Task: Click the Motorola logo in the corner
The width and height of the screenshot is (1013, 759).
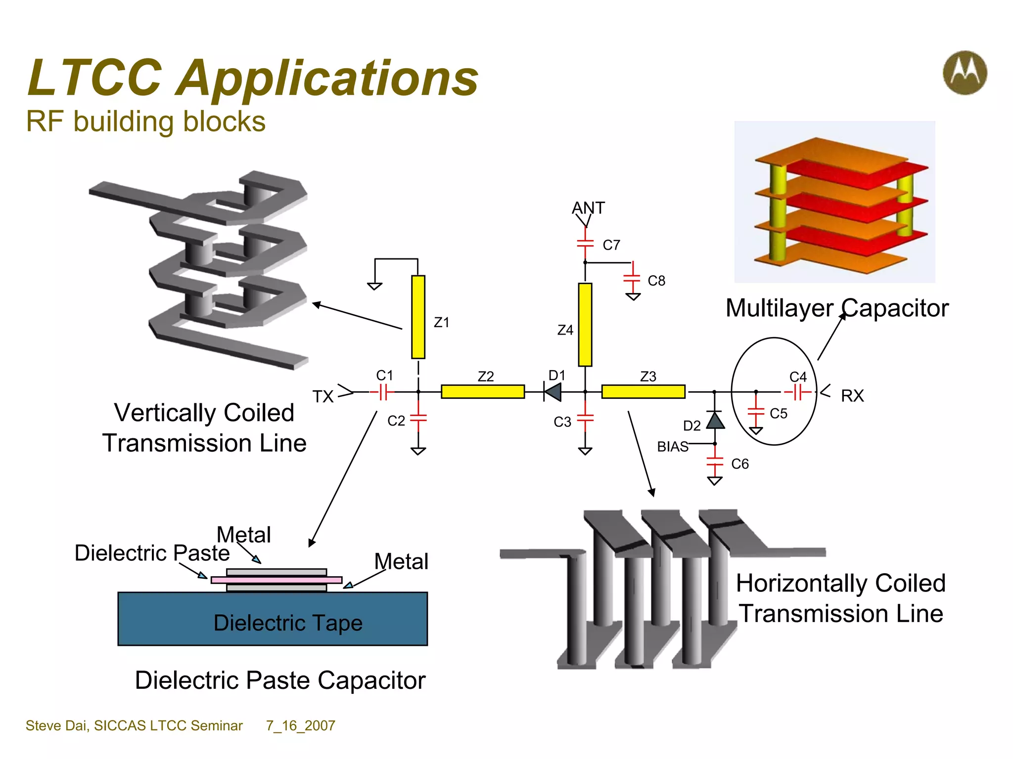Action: tap(965, 73)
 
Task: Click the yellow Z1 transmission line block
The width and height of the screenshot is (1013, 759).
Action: tap(418, 317)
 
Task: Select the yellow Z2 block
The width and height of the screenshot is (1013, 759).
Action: tap(482, 392)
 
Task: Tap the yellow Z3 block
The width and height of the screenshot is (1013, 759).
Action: tap(643, 392)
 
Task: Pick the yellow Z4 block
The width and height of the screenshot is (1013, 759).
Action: tap(585, 325)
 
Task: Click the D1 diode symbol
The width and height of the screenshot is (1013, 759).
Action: tap(553, 392)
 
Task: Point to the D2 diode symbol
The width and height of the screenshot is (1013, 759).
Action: tap(715, 421)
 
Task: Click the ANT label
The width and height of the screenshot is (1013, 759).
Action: tap(588, 208)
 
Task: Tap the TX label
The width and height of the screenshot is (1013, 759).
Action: tap(323, 397)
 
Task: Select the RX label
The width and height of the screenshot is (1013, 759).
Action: tap(852, 396)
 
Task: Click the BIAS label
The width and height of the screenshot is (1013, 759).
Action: tap(672, 447)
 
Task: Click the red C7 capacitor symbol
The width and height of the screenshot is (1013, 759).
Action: tap(585, 243)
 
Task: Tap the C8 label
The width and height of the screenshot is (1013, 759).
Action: tap(656, 281)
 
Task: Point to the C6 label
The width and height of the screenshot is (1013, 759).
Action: tap(739, 464)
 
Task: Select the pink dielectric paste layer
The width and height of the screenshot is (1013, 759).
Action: tap(276, 580)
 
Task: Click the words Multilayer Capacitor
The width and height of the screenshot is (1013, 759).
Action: tap(837, 308)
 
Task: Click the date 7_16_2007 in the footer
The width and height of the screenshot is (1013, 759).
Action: tap(300, 725)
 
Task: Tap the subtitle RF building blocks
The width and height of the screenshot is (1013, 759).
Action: tap(145, 122)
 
